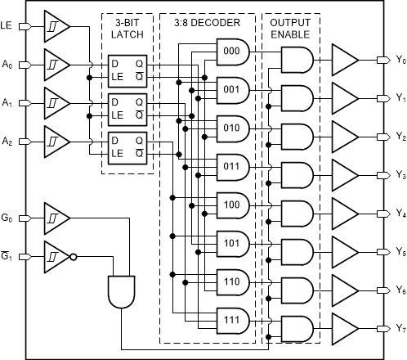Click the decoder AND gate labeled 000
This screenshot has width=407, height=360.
(x=233, y=52)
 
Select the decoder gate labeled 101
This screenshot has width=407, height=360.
(x=233, y=244)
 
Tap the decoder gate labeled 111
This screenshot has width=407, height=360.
(x=233, y=321)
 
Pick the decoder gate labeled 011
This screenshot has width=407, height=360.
(x=233, y=167)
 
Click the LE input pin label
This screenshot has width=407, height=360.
(x=6, y=25)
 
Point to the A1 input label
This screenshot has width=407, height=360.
(x=7, y=103)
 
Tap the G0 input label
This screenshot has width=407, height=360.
(x=7, y=218)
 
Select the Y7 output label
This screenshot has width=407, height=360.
(x=400, y=328)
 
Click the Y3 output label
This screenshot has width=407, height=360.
(x=400, y=175)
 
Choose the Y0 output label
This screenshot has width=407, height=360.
(x=400, y=60)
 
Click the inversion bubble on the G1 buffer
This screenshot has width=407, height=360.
(x=74, y=257)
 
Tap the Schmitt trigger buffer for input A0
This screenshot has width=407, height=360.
(x=57, y=65)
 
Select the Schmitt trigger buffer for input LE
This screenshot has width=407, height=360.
(x=57, y=26)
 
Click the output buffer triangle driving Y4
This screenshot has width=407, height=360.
(x=345, y=214)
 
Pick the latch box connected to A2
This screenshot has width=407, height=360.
(x=127, y=148)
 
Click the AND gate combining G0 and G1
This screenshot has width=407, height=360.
(x=122, y=292)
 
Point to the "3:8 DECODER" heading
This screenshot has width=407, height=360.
(x=208, y=23)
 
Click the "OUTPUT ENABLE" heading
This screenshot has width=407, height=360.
(x=290, y=29)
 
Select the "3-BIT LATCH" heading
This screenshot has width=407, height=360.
(x=127, y=29)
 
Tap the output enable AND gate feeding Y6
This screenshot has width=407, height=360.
(x=297, y=290)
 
